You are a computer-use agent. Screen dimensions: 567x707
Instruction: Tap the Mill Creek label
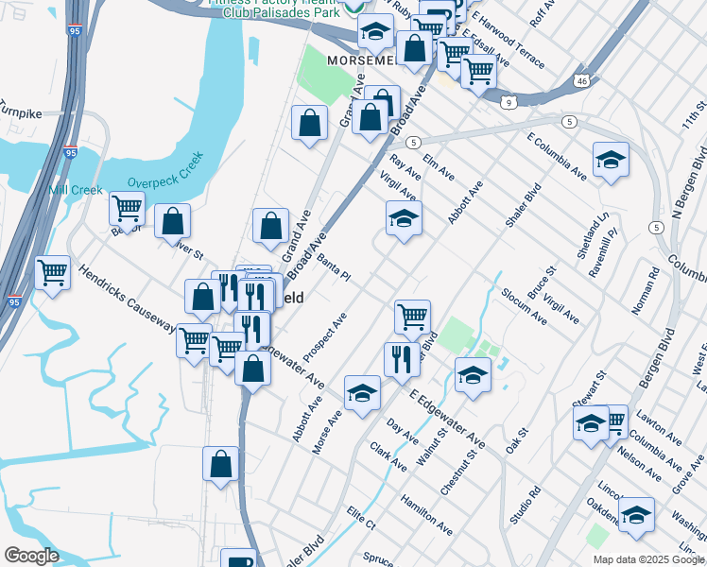tap(76, 190)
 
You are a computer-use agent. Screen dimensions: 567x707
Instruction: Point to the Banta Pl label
tap(334, 267)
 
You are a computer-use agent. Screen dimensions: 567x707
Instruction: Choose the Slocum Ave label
tap(525, 305)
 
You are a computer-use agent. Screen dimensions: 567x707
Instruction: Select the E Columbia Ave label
tap(557, 157)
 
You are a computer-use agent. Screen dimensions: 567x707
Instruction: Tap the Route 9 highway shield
tap(509, 102)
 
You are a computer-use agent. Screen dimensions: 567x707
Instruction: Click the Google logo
tap(31, 556)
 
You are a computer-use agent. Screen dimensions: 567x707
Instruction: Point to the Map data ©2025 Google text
tap(648, 559)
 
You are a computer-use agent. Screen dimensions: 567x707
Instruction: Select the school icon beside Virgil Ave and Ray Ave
tap(404, 219)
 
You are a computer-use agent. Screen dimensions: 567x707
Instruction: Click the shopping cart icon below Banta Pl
tap(412, 317)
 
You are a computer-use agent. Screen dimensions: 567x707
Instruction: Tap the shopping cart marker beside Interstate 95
tap(52, 273)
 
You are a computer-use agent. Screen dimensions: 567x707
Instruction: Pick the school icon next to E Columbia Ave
tap(611, 160)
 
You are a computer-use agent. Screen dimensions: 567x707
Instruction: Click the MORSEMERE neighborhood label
tap(360, 60)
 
